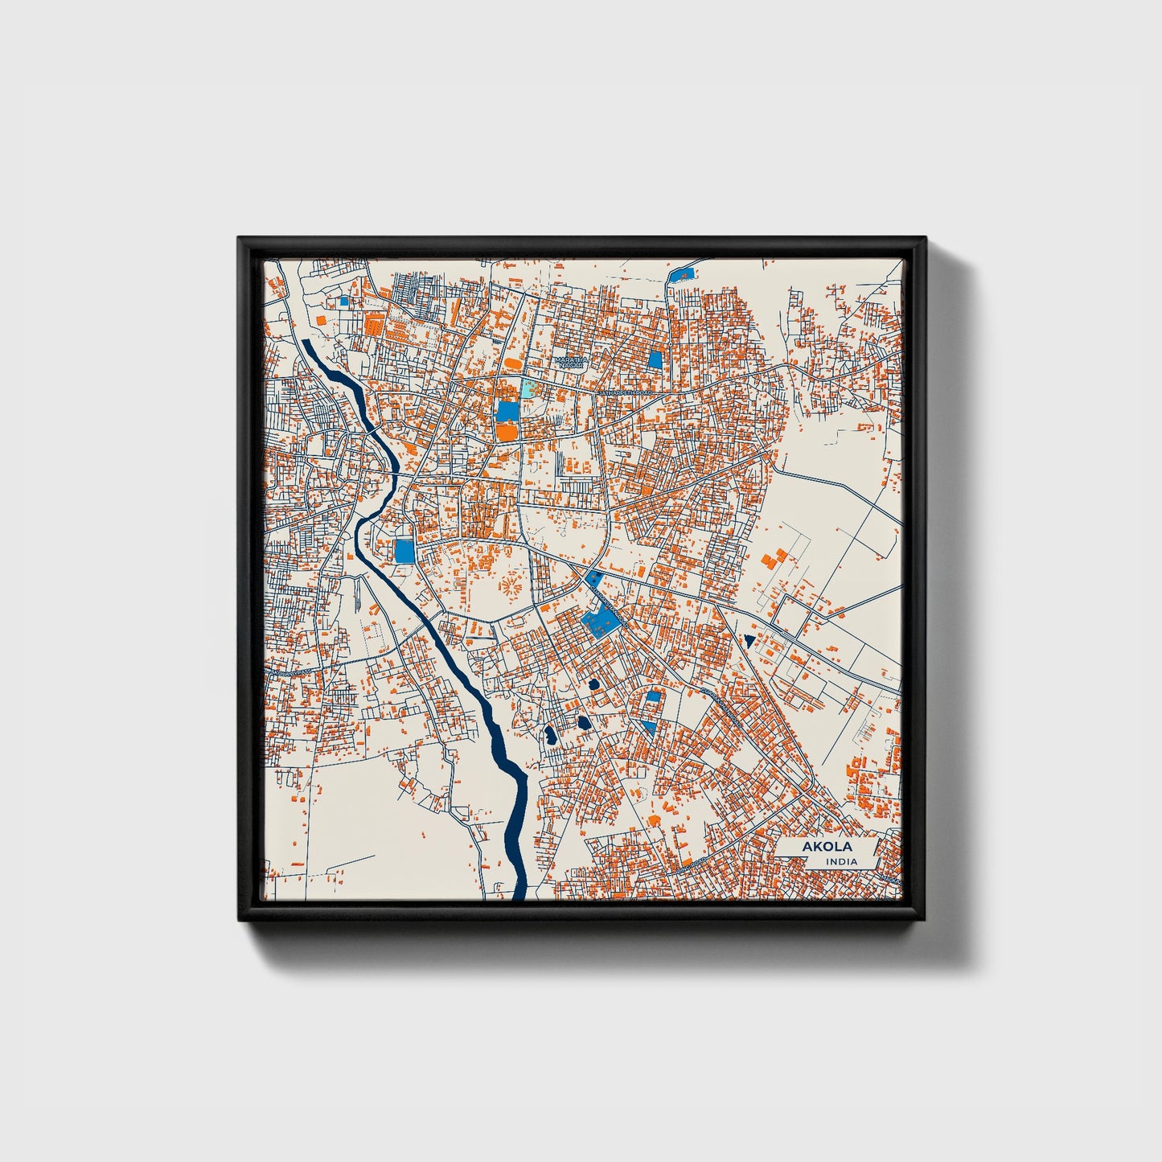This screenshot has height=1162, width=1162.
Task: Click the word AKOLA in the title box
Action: pos(827,847)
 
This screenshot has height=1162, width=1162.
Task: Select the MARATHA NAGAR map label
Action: pos(572,363)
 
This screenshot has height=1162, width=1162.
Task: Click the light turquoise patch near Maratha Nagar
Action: pos(528,389)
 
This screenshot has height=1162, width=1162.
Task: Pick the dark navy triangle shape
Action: pos(749,641)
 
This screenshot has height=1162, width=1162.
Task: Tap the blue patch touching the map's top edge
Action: pos(680,273)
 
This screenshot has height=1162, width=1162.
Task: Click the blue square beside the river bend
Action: pos(404,551)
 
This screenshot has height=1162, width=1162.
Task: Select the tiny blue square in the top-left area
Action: pos(344,302)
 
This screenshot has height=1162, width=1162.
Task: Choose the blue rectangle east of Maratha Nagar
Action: pos(655,359)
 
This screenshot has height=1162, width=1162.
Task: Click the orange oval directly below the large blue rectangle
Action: pos(507,433)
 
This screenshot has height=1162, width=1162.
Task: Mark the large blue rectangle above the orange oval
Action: pos(507,411)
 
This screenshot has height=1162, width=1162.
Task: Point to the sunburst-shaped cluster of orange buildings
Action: pos(509,584)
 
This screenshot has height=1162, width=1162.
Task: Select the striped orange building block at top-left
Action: pos(373,323)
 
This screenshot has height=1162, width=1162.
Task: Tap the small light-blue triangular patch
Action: pos(648,726)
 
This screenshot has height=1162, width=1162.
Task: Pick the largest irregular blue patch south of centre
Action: pos(598,619)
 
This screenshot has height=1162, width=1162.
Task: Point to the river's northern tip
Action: pos(306,343)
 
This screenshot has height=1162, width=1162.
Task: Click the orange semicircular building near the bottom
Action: pos(654,819)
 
